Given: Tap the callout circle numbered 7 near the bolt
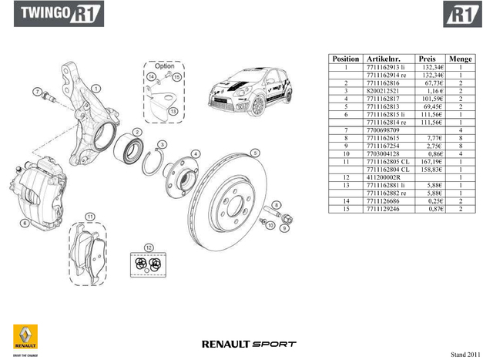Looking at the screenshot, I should coord(36,92).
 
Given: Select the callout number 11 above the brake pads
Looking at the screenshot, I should coord(90,216).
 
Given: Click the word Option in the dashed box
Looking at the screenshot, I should coord(164,66).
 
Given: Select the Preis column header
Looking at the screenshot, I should coord(427,59).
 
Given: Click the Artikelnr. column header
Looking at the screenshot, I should coord(384,59).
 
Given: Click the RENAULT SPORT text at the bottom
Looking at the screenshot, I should coord(248,343).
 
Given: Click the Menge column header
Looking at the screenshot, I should coord(461,59).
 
